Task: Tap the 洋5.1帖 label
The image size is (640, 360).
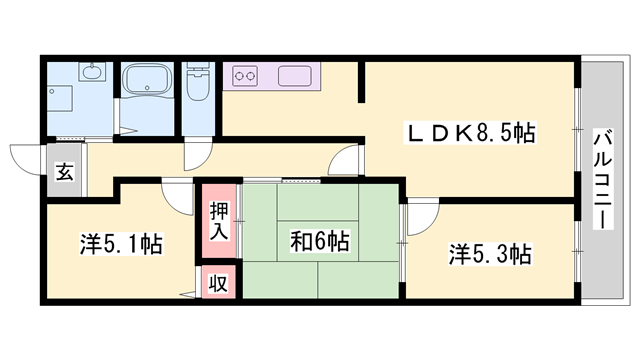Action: [121, 243]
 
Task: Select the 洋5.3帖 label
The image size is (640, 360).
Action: [489, 254]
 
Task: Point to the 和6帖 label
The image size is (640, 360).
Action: [319, 241]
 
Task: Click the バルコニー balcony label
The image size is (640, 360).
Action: [603, 178]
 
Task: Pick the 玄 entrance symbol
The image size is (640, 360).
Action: [64, 173]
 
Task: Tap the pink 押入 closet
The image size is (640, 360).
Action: [219, 220]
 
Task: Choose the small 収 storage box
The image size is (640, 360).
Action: [217, 283]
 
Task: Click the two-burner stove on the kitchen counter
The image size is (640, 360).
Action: [246, 74]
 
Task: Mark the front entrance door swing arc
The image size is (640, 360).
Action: [24, 158]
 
